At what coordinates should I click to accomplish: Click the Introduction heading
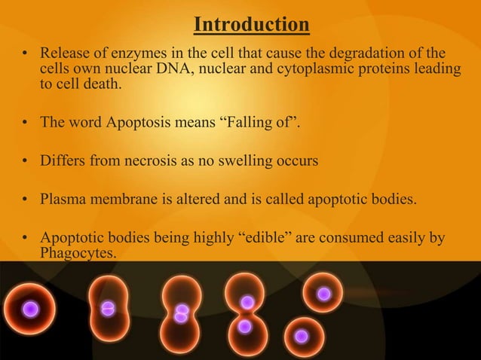(252, 26)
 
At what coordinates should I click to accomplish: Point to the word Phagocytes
(78, 254)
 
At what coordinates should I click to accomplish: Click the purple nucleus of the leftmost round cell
(29, 309)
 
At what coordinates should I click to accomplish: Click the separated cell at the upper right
(323, 294)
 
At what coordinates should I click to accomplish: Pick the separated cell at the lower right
(302, 336)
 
